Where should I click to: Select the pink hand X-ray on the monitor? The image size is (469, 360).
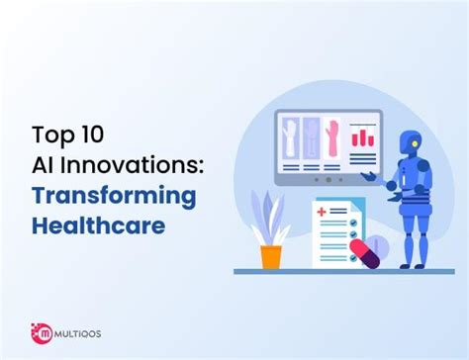[329, 137]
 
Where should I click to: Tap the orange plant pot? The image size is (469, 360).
[271, 256]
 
